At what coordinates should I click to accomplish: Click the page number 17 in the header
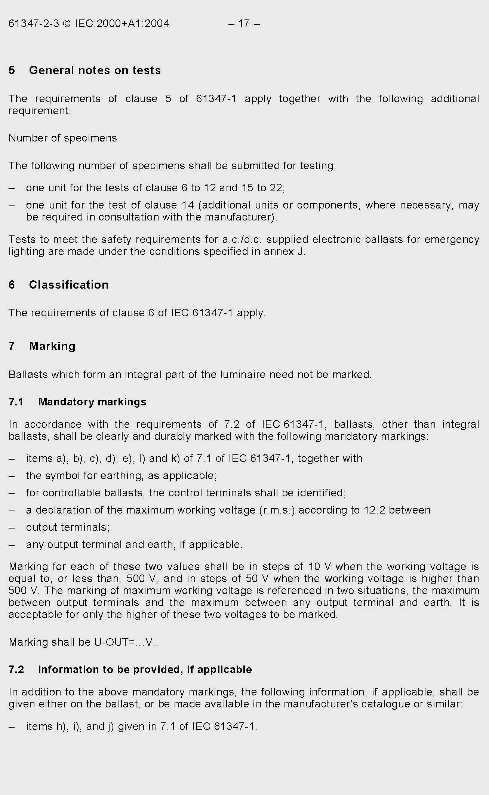(x=244, y=24)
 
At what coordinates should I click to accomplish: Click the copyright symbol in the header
(x=67, y=24)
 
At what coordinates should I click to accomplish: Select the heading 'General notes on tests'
(x=95, y=70)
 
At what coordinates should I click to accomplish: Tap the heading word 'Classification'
(x=69, y=285)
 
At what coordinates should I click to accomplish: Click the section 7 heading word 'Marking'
(x=52, y=346)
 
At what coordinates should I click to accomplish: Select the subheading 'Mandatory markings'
(x=92, y=402)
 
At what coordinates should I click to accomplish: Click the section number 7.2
(x=16, y=670)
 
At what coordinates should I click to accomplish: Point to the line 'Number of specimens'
(x=63, y=138)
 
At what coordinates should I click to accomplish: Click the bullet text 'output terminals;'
(x=68, y=527)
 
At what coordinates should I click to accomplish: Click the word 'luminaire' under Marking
(x=243, y=375)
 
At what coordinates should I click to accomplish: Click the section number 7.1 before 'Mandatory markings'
(x=16, y=402)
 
